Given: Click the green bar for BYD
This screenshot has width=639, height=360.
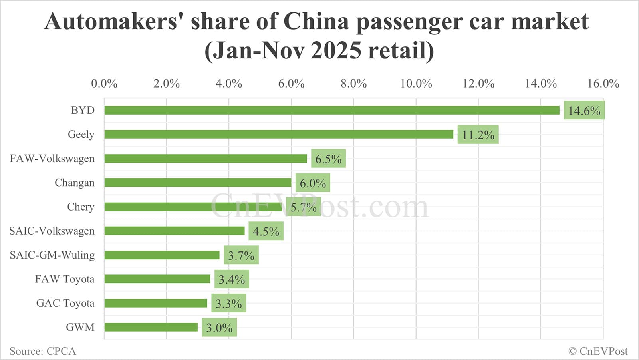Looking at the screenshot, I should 331,110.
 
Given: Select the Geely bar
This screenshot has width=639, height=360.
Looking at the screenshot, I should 279,134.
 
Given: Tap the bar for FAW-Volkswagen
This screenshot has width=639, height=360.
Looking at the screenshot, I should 206,159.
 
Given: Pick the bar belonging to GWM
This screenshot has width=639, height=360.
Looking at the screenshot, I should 151,327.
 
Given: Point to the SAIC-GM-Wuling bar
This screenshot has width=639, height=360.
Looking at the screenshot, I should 162,255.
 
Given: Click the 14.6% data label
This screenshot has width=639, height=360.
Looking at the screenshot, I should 584,111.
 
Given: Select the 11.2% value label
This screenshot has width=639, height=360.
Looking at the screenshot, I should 478,135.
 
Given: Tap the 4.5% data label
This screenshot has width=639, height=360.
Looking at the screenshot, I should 266,231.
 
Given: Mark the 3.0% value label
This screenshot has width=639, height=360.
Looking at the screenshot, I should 219,328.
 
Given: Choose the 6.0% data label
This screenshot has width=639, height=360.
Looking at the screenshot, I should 312,183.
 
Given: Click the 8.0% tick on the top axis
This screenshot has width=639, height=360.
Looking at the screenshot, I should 353,84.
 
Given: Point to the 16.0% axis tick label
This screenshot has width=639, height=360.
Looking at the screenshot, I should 603,84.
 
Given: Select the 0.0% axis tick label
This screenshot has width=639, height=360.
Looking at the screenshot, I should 104,84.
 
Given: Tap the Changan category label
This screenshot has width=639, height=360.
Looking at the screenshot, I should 75,183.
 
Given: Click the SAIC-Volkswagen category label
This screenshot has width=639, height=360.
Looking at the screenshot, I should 52,231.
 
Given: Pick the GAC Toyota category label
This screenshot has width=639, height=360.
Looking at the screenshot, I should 65,303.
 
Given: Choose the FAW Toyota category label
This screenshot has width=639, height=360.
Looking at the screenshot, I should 65,279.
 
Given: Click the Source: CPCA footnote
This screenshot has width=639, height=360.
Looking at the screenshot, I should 43,351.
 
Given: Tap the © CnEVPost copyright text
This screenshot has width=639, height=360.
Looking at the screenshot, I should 598,351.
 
